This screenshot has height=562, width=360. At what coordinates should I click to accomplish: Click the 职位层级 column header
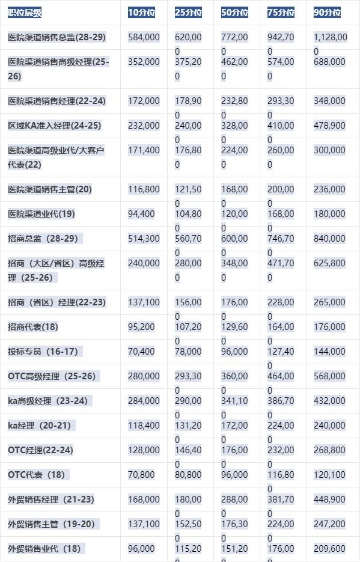[x=25, y=13]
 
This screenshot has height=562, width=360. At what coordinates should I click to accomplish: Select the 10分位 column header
[x=142, y=13]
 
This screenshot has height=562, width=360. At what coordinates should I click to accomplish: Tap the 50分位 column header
[x=234, y=13]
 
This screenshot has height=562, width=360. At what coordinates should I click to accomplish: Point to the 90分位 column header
[x=328, y=13]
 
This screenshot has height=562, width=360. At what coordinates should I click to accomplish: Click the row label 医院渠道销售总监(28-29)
[x=56, y=37]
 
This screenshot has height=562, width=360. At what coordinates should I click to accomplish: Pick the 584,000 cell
[x=144, y=37]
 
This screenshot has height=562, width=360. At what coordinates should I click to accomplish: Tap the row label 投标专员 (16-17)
[x=43, y=352]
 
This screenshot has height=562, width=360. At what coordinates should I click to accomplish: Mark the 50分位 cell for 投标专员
[x=234, y=352]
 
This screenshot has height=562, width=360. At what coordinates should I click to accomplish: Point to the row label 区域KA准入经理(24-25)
[x=55, y=126]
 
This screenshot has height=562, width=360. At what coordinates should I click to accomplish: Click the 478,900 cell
[x=329, y=126]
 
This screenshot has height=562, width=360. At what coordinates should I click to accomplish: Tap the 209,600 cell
[x=329, y=549]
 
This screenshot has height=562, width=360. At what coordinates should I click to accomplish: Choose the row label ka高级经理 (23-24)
[x=47, y=401]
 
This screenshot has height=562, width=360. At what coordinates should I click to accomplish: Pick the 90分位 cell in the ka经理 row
[x=329, y=426]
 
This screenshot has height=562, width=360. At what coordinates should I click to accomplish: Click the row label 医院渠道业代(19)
[x=41, y=214]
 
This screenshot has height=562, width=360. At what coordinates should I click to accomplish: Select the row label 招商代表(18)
[x=34, y=327]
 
